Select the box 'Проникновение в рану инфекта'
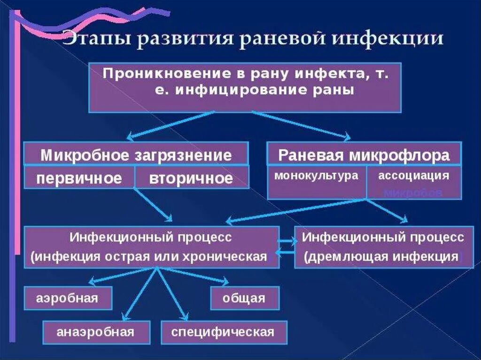click(x=245, y=87)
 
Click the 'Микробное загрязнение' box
click(x=136, y=155)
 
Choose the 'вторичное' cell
click(x=191, y=178)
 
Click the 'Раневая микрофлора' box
click(x=364, y=155)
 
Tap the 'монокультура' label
click(x=317, y=176)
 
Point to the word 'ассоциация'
click(x=413, y=176)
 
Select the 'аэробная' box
click(x=68, y=299)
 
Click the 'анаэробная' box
click(x=96, y=332)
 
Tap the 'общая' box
click(x=244, y=299)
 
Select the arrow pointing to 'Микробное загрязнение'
click(x=169, y=124)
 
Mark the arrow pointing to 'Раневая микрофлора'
click(x=301, y=124)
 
